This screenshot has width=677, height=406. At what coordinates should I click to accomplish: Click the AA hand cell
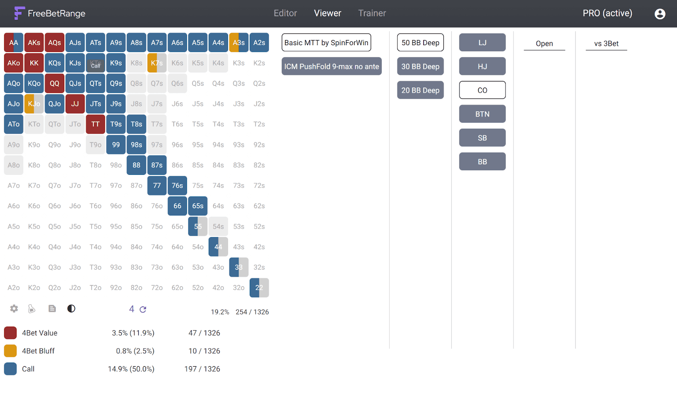pyautogui.click(x=14, y=43)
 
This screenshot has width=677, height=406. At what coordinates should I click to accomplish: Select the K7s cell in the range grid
pyautogui.click(x=157, y=63)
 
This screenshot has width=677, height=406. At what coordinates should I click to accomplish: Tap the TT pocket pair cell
pyautogui.click(x=96, y=124)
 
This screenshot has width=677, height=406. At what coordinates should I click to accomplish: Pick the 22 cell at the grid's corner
pyautogui.click(x=259, y=288)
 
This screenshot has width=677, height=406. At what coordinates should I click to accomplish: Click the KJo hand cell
pyautogui.click(x=34, y=104)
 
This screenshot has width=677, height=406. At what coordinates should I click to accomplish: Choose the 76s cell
pyautogui.click(x=177, y=185)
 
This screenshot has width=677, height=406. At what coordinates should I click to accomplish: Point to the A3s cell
pyautogui.click(x=239, y=43)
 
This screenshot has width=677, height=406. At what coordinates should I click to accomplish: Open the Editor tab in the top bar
pyautogui.click(x=285, y=13)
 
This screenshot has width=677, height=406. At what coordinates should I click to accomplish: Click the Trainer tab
pyautogui.click(x=372, y=13)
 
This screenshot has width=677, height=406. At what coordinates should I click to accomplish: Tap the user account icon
pyautogui.click(x=660, y=14)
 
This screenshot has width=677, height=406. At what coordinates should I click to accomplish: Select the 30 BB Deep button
pyautogui.click(x=421, y=66)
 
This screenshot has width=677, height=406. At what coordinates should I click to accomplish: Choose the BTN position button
pyautogui.click(x=482, y=114)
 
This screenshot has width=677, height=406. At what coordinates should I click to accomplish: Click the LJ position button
pyautogui.click(x=482, y=42)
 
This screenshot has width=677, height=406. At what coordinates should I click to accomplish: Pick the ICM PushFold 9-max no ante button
pyautogui.click(x=332, y=66)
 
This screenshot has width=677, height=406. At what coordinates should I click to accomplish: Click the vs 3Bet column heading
pyautogui.click(x=606, y=44)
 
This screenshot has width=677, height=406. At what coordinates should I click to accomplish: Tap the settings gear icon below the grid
pyautogui.click(x=14, y=308)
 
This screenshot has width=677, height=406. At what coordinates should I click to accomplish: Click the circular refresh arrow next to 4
pyautogui.click(x=143, y=309)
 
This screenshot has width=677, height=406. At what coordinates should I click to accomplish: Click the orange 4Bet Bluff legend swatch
pyautogui.click(x=10, y=351)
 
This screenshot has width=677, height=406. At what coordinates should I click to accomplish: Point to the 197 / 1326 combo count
pyautogui.click(x=202, y=369)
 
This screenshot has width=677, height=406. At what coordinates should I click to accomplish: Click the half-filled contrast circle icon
pyautogui.click(x=72, y=308)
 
